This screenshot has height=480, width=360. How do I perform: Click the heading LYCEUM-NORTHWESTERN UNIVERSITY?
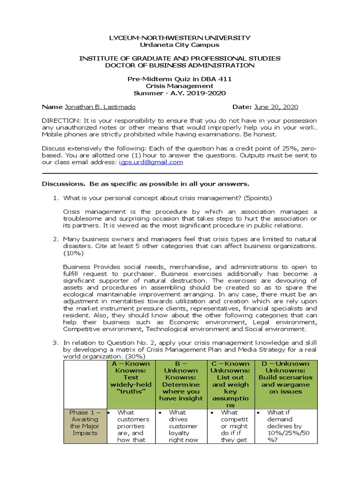point(180,37)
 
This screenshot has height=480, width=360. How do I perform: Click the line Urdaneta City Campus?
point(180,45)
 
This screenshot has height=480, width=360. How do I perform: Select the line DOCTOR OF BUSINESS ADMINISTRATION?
point(180,65)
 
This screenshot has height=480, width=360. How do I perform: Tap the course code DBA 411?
point(218,79)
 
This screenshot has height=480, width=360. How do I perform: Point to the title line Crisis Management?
point(180,86)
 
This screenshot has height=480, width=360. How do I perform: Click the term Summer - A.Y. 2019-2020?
point(180,93)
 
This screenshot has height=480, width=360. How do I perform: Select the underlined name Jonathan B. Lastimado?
point(100,107)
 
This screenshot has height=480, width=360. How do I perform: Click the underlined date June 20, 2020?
point(276,107)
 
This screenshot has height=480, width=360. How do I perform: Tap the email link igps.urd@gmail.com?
point(151,162)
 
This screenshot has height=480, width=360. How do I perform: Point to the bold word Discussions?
point(62,183)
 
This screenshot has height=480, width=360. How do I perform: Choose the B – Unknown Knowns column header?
point(181,381)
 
